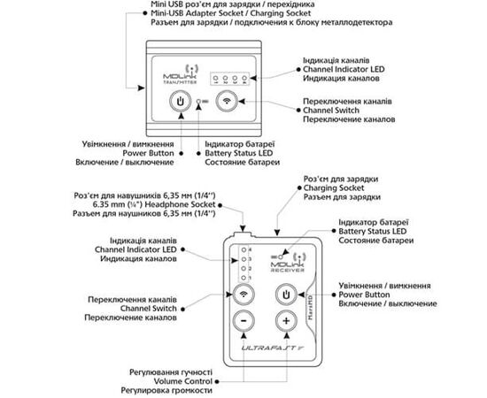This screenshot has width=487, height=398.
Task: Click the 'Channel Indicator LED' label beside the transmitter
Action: click(344, 67)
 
